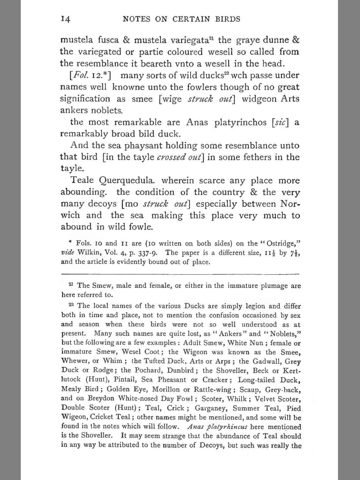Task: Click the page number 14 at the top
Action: [66, 19]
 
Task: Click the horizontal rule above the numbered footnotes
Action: [180, 274]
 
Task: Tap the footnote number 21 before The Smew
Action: [71, 284]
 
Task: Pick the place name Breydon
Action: [101, 398]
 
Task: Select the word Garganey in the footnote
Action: [211, 408]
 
